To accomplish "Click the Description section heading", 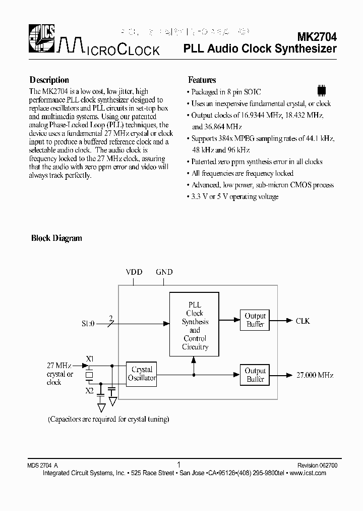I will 49,80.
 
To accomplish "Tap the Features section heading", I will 202,80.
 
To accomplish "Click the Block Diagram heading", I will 56,238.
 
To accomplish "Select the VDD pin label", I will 134,272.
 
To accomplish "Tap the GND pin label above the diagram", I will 164,272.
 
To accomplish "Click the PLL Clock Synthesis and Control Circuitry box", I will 195,326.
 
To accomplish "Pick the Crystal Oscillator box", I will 142,374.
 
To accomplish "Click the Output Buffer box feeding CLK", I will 255,320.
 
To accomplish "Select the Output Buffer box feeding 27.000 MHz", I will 255,375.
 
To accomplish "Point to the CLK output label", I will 302,321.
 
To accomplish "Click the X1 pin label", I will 90,360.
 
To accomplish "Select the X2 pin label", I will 89,390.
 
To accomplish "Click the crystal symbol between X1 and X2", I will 89,375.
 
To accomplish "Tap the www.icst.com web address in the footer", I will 309,473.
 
